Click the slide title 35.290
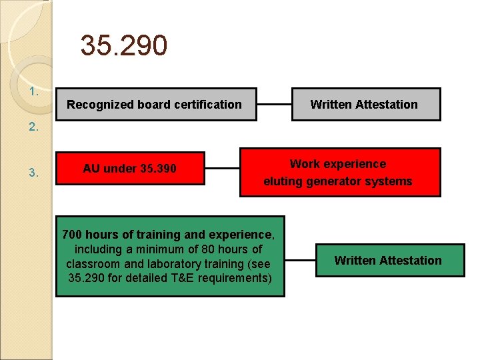coord(124,46)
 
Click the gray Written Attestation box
coord(365,105)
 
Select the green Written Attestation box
coord(388,261)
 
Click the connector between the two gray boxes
coord(274,105)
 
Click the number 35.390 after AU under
coord(159,169)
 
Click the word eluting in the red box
coord(281,181)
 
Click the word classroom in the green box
coord(93,263)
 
